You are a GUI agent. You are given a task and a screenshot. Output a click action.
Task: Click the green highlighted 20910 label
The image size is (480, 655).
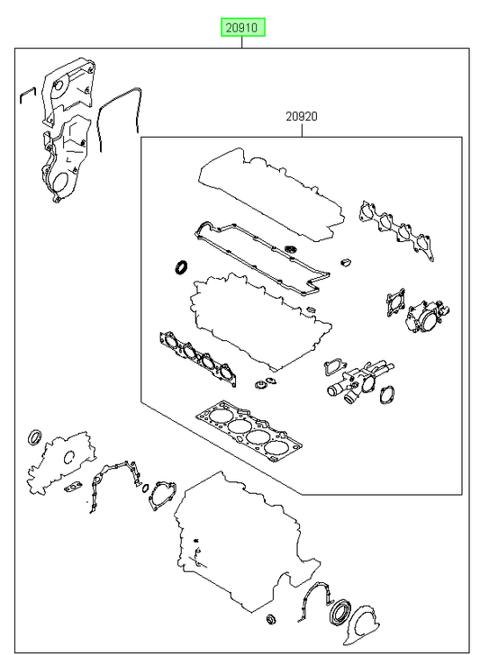pyautogui.click(x=243, y=28)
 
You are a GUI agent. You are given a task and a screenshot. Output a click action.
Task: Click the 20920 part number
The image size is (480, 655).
pyautogui.click(x=302, y=116)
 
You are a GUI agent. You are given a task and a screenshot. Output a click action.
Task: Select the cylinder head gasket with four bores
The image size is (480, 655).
pyautogui.click(x=249, y=432)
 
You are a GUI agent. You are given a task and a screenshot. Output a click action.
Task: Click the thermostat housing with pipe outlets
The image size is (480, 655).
pyautogui.click(x=358, y=381)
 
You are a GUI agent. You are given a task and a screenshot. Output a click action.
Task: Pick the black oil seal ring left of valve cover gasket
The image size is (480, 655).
pyautogui.click(x=181, y=267)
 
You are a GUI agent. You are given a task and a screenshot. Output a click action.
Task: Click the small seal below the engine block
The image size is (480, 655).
pyautogui.click(x=271, y=619)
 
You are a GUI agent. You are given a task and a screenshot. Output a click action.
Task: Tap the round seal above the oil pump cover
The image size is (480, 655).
pyautogui.click(x=35, y=436)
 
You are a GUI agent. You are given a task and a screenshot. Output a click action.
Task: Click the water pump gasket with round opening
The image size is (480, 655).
pyautogui.click(x=162, y=496)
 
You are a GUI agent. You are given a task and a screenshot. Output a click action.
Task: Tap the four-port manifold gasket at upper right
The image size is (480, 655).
pyautogui.click(x=396, y=230)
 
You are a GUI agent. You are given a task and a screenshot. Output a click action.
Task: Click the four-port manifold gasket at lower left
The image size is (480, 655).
pyautogui.click(x=198, y=358)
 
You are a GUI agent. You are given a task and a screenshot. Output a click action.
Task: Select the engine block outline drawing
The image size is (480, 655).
pyautogui.click(x=247, y=543)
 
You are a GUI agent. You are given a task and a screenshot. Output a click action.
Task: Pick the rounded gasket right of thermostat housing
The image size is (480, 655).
pyautogui.click(x=387, y=394)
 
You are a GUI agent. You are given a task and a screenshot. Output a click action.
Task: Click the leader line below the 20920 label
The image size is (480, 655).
pyautogui.click(x=302, y=130)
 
